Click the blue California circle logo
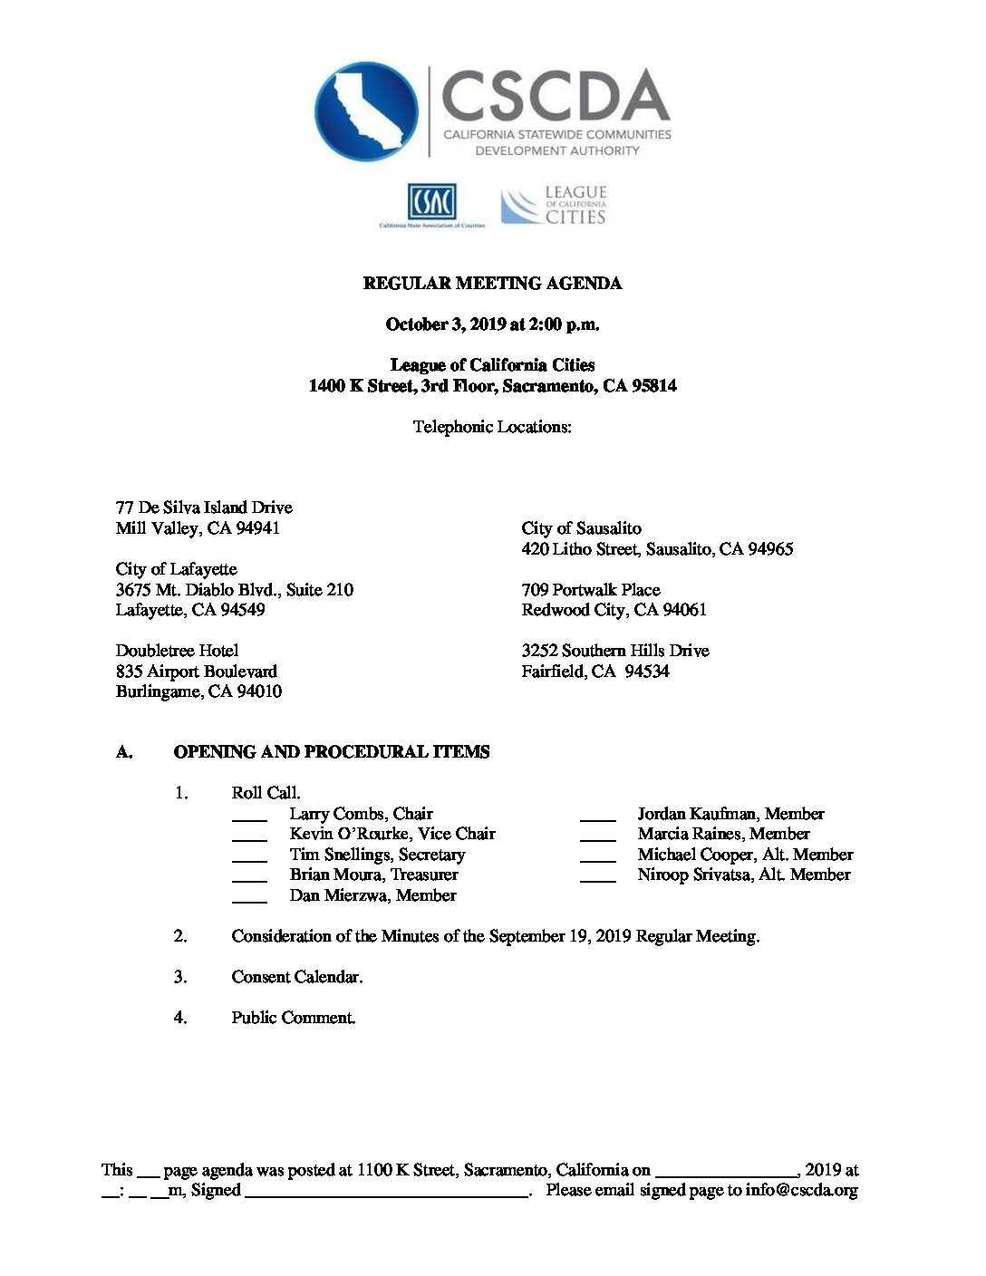(366, 111)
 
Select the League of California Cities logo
(554, 205)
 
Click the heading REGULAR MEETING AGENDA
(492, 284)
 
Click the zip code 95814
(653, 386)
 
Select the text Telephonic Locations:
(492, 427)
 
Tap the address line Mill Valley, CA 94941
(198, 528)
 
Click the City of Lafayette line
(177, 569)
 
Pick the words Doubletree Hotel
(177, 651)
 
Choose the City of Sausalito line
(581, 528)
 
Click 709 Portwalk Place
(590, 590)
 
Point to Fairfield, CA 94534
(594, 672)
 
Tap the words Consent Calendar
(296, 977)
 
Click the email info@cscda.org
(801, 1191)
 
